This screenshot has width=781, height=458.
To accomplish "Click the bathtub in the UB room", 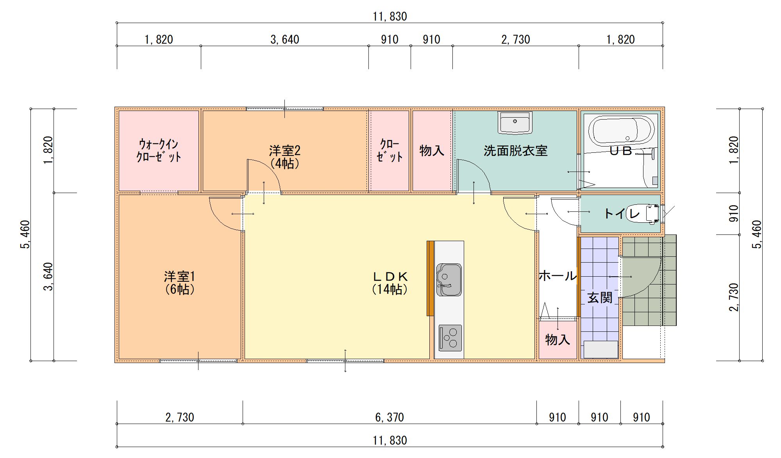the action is [622, 131].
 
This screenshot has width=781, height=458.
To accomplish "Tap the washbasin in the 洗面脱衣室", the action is [515, 123].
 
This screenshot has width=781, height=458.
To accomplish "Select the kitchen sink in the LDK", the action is [449, 280].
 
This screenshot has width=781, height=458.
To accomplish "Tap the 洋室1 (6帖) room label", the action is [179, 283].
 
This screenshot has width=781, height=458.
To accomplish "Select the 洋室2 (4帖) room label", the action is [284, 157].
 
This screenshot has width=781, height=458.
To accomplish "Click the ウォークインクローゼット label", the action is [159, 150].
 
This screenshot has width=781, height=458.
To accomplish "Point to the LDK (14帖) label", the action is [390, 283].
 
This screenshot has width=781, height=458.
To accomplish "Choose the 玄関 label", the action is [600, 298].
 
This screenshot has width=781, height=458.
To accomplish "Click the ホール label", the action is [558, 276].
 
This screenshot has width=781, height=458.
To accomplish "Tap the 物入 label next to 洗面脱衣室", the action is [432, 150].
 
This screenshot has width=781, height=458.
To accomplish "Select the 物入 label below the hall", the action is [558, 340].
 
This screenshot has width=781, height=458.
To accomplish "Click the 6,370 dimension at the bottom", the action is [390, 417].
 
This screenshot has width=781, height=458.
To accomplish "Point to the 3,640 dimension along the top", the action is [285, 39].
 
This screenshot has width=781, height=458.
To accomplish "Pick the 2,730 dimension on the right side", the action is [734, 297].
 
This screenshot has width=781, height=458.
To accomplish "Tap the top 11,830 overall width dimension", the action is [390, 16].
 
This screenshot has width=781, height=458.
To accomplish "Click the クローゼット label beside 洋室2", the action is [390, 150].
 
